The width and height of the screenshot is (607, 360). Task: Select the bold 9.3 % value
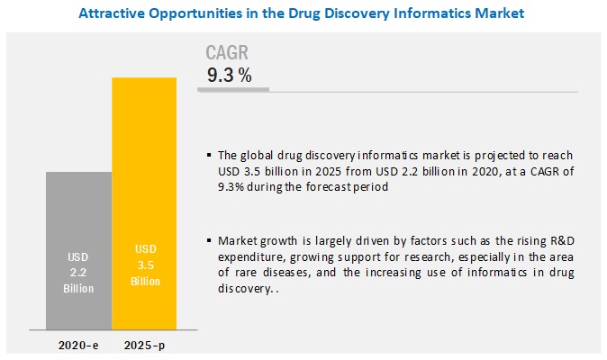coord(230,76)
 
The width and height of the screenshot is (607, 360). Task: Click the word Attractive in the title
coord(113,13)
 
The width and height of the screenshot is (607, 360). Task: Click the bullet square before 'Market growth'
coord(210,241)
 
